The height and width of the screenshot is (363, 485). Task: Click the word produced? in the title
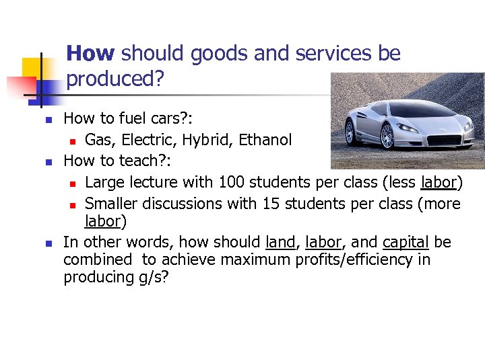[115, 79]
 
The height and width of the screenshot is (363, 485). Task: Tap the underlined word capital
[406, 242]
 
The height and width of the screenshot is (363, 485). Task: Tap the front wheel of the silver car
[387, 136]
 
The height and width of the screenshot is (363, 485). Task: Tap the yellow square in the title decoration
[32, 67]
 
